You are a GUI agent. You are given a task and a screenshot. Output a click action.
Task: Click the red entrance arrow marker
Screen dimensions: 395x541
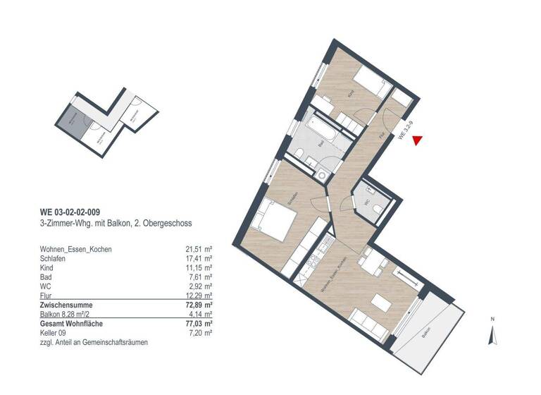pos(417,142)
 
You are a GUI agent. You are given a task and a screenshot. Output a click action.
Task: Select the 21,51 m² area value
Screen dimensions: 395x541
pos(198,249)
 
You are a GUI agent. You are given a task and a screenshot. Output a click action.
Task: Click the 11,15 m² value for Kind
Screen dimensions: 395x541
pos(199,269)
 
